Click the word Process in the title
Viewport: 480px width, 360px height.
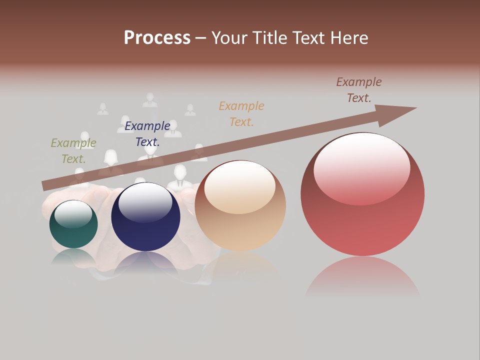click(157, 37)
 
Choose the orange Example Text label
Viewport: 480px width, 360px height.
click(241, 113)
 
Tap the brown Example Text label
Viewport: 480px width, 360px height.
click(359, 89)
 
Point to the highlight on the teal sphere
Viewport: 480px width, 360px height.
click(73, 214)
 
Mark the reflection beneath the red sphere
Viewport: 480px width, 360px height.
click(362, 277)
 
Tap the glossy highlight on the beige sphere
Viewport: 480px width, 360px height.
click(240, 186)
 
